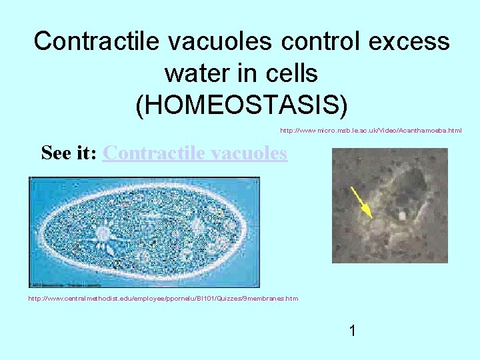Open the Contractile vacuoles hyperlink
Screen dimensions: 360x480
click(x=195, y=153)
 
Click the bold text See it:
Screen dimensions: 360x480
click(x=70, y=153)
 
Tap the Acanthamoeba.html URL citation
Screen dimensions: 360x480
click(x=371, y=131)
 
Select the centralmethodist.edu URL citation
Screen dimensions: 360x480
click(x=163, y=298)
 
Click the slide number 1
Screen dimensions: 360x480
click(x=352, y=330)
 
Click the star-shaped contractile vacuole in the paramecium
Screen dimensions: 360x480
click(x=103, y=233)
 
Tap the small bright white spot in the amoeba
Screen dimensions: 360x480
click(x=402, y=216)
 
